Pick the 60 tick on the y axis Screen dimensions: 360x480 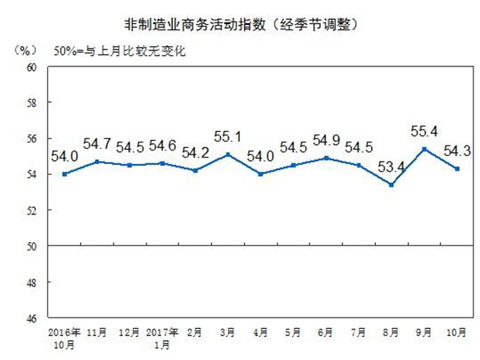tap(33, 67)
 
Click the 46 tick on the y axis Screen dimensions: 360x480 tap(33, 318)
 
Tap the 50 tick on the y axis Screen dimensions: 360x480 tap(33, 246)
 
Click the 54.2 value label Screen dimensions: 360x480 tap(196, 151)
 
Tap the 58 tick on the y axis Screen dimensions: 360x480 tap(33, 103)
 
